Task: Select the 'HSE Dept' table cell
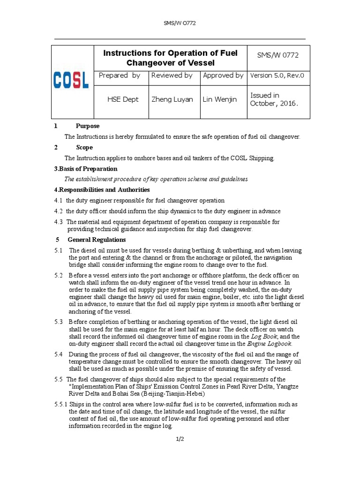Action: (123, 99)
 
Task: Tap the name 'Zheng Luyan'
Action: (172, 99)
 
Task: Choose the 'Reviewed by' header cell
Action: (172, 75)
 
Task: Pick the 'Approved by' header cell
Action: (223, 75)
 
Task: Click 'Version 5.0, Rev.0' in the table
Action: (277, 75)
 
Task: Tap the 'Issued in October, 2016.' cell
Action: (274, 99)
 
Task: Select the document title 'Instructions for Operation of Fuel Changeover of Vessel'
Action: (170, 58)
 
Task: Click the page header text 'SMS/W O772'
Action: (180, 24)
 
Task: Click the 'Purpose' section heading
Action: (88, 126)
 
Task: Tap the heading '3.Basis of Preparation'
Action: (85, 169)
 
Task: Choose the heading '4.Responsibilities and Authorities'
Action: (102, 190)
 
